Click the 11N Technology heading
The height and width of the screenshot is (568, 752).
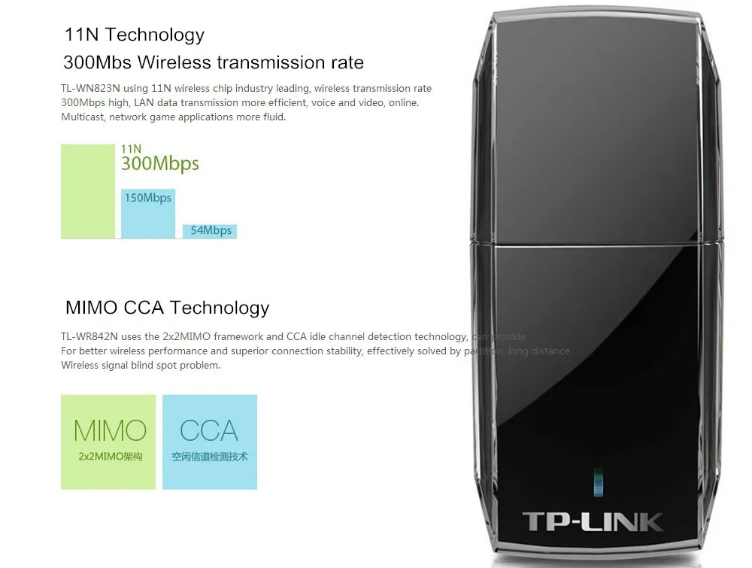point(134,35)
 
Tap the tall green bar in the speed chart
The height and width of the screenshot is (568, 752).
point(87,191)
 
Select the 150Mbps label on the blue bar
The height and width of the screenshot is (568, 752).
point(148,198)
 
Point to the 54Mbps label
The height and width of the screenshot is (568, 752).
point(211,230)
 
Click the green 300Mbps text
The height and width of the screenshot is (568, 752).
point(160,164)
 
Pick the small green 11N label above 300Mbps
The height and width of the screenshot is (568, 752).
point(131,149)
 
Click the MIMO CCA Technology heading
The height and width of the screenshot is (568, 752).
point(167,307)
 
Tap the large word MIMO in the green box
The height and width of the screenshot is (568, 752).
point(110,430)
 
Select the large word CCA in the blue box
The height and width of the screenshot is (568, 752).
point(209,430)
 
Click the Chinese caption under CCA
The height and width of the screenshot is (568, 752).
point(209,457)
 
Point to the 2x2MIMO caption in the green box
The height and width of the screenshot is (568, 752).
point(110,457)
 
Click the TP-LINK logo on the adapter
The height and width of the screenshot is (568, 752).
point(593,521)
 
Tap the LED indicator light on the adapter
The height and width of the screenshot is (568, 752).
point(598,481)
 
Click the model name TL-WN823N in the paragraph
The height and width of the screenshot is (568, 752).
point(90,89)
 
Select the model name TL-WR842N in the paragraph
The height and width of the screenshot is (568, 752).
point(90,337)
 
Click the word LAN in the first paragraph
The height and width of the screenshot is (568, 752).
point(144,103)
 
